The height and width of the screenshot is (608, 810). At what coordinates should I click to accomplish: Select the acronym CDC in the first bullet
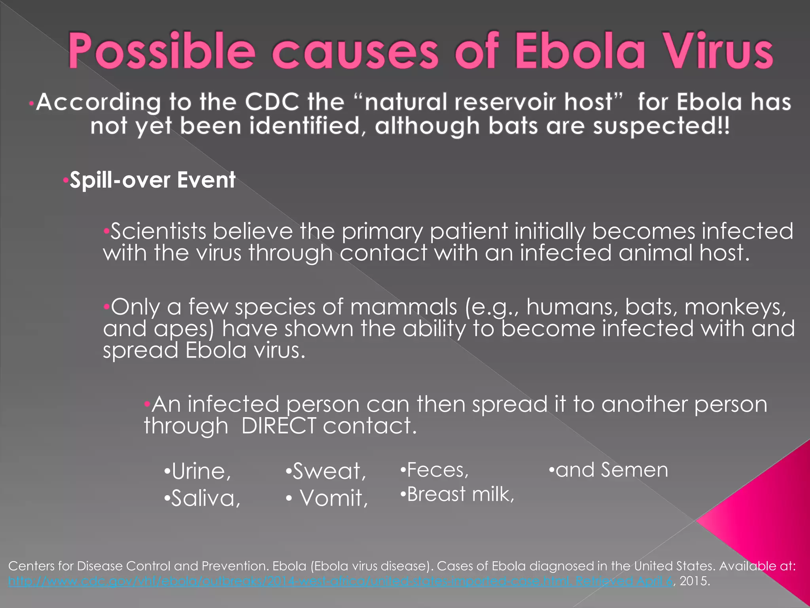tap(272, 102)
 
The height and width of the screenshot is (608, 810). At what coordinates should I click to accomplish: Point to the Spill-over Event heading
tap(153, 180)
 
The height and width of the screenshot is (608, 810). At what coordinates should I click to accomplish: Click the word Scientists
tap(158, 231)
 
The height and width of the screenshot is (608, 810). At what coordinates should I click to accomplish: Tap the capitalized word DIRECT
tap(278, 426)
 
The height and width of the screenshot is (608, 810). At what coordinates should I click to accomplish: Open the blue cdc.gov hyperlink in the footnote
tap(340, 581)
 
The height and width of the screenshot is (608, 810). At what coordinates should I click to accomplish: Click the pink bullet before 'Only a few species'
tap(106, 306)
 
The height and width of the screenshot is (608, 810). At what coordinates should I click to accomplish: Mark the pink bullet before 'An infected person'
tap(147, 404)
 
